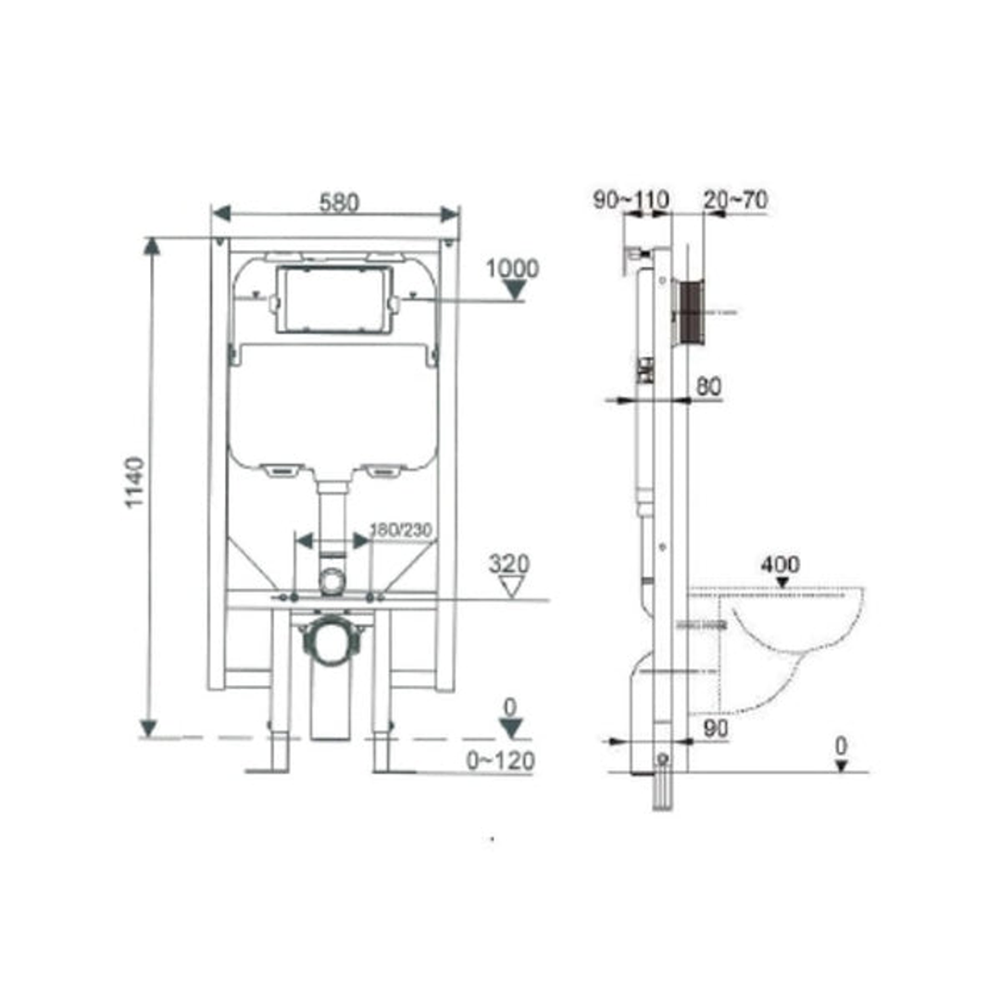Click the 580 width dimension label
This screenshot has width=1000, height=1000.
339,203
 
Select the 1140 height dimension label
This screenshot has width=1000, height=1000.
135,481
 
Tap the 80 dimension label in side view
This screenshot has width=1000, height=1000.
708,387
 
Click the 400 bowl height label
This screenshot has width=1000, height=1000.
781,564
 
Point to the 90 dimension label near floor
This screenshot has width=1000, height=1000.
716,729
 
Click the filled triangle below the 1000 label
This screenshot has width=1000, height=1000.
512,291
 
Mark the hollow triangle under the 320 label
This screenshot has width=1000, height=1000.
510,585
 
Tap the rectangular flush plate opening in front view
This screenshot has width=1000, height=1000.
334,300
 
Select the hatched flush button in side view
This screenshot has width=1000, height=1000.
691,312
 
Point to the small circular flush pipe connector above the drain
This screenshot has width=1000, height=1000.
331,581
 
